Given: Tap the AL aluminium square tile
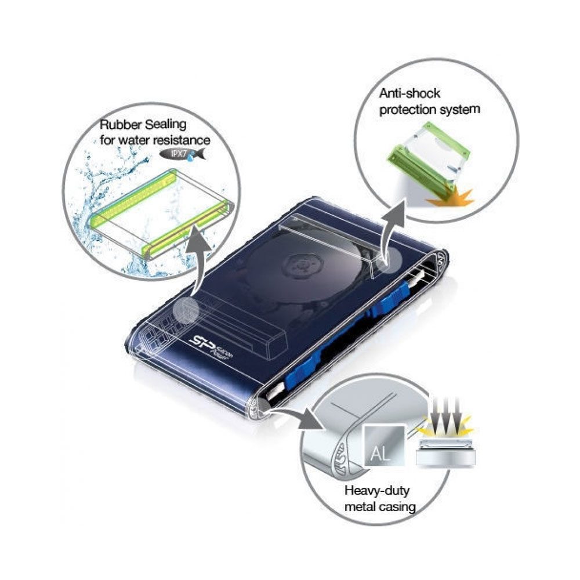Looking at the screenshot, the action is [x=383, y=445].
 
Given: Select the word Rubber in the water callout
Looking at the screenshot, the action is [x=121, y=125].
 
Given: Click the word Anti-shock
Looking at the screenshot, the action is [x=409, y=93].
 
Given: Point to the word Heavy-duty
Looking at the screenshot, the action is [x=377, y=491].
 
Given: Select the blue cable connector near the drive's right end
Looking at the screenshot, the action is [x=395, y=296].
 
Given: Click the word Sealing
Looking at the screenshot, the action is [x=165, y=125].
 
